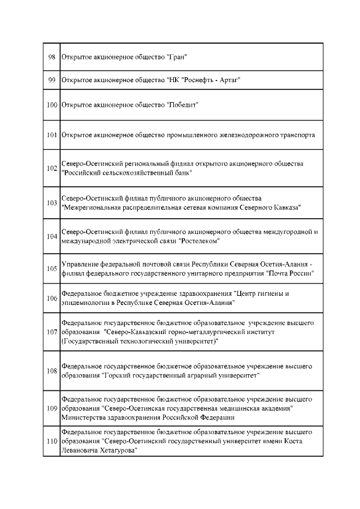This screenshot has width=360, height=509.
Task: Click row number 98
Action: (52, 57)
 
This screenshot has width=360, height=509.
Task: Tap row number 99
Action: (52, 80)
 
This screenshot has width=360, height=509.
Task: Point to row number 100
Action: (52, 105)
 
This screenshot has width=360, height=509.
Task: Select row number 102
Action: (52, 169)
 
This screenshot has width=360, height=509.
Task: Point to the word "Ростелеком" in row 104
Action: (199, 241)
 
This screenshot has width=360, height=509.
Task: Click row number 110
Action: (52, 442)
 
